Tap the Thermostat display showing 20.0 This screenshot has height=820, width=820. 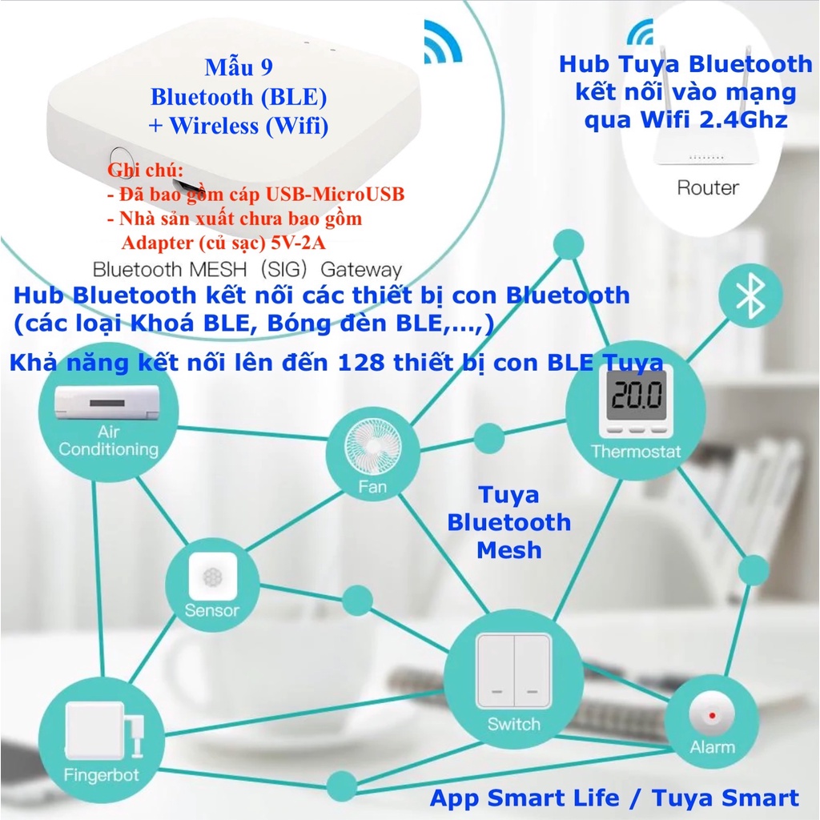click(x=635, y=398)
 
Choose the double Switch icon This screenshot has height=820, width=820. click(x=513, y=670)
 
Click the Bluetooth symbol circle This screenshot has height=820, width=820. click(x=750, y=297)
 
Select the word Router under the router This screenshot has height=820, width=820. click(x=707, y=188)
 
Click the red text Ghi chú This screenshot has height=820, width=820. click(x=145, y=171)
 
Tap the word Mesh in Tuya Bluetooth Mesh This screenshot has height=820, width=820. click(x=508, y=550)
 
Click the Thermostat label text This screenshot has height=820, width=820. click(x=636, y=452)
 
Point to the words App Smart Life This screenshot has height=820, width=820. click(x=525, y=798)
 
